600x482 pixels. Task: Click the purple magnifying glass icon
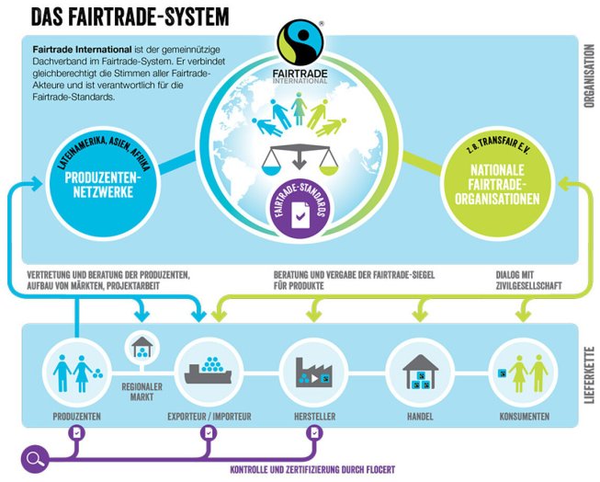pos(35,456)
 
